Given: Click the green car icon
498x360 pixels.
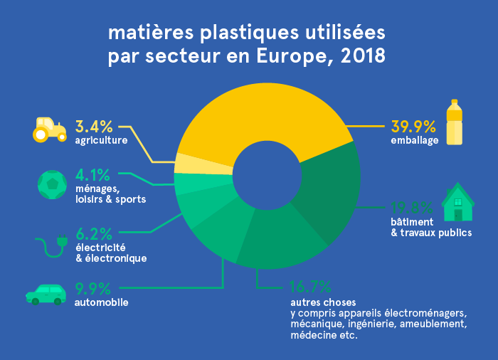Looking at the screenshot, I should click(46, 293).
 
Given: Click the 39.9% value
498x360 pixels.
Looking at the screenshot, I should click(413, 127).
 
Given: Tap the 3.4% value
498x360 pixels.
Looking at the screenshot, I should click(94, 127).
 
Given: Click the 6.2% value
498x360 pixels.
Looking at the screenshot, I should click(94, 233).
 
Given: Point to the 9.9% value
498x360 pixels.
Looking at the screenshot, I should click(93, 289).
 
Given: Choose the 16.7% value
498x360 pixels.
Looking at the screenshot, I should click(310, 287).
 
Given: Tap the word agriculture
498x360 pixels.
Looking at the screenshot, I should click(101, 140).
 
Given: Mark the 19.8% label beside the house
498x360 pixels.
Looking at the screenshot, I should click(411, 208).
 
